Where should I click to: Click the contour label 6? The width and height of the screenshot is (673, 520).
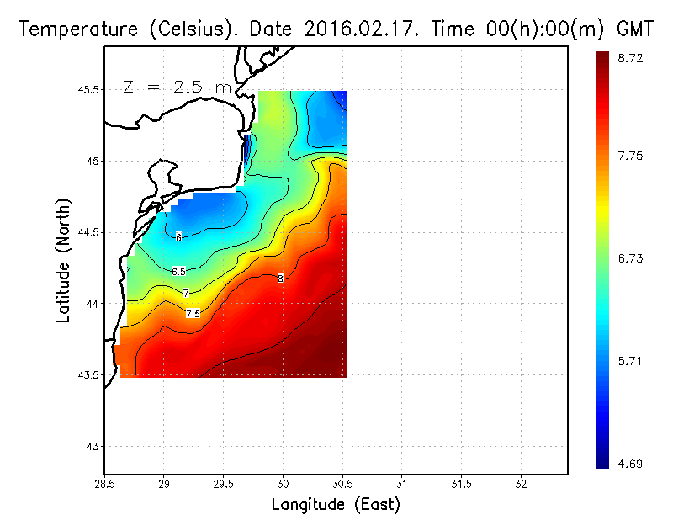178,237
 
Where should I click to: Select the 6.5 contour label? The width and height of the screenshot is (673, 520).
178,271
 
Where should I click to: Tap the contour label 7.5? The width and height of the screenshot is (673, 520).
193,314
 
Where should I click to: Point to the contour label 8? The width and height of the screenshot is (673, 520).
280,278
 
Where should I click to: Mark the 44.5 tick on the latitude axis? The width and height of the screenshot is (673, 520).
87,232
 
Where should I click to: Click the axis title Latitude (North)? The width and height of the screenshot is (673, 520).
65,260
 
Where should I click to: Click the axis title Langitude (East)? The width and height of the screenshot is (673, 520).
336,505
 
